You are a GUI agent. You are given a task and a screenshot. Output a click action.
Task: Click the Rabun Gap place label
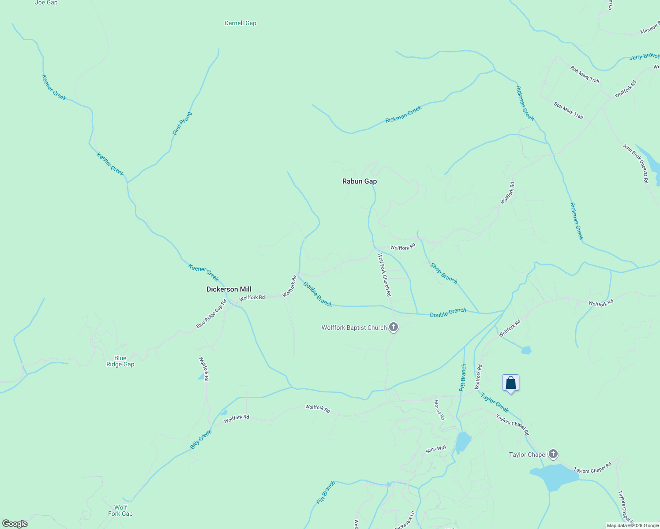click(x=360, y=181)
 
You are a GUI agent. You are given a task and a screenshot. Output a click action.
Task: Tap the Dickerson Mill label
click(x=229, y=289)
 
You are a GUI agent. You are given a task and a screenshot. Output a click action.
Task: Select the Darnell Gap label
click(x=240, y=23)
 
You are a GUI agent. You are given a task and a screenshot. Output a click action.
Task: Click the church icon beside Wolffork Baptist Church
click(x=394, y=327)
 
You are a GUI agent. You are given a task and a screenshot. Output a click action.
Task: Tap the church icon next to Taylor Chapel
click(x=553, y=454)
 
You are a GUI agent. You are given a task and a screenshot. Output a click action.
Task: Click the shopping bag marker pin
click(x=510, y=383)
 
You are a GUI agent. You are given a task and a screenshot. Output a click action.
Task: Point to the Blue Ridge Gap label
click(x=120, y=361)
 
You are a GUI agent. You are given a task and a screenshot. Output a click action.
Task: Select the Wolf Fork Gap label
click(x=120, y=510)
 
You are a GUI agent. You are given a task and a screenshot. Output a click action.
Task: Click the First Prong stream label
click(x=182, y=123)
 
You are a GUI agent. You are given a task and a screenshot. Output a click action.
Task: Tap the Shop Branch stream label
click(x=443, y=273)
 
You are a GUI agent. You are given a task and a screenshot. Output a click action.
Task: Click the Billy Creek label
click(x=201, y=440)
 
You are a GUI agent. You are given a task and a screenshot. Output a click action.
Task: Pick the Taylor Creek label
click(x=495, y=402)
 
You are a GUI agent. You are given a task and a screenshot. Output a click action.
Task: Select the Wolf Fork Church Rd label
click(x=384, y=275)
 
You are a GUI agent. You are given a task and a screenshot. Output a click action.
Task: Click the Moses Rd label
click(x=439, y=410)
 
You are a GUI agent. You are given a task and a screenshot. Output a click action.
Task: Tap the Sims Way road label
click(x=435, y=449)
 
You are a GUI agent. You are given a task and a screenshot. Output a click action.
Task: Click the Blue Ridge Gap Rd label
click(x=211, y=314)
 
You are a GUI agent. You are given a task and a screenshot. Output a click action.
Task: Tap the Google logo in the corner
click(x=15, y=524)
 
